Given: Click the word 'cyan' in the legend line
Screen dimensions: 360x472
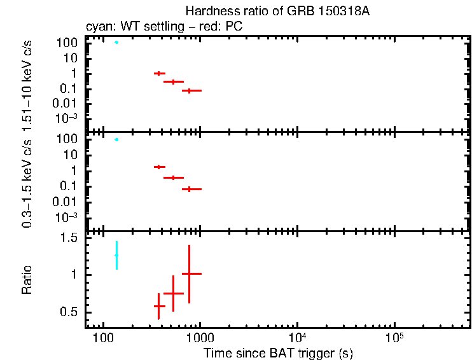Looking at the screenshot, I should tap(98, 27).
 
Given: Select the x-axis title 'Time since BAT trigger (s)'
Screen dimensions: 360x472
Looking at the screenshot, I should tap(278, 352).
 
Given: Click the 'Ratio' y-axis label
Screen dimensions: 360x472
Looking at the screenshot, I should tap(27, 280).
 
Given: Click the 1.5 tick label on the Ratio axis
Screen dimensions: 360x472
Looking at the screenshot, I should tap(69, 238).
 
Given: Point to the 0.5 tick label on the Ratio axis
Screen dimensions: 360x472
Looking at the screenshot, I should tap(69, 312).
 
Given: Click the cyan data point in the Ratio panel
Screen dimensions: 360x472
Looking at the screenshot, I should tap(116, 255).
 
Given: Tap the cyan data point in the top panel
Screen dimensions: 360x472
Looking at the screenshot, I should tap(116, 43).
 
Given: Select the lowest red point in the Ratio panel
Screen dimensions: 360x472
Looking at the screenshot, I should tap(158, 306).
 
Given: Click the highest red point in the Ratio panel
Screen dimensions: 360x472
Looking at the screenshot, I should tap(189, 273).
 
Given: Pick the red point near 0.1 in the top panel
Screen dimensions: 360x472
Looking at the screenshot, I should tap(189, 91).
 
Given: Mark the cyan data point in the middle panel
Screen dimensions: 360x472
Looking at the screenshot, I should tap(116, 139).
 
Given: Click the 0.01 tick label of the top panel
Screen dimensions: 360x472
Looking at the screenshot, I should tap(66, 104).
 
